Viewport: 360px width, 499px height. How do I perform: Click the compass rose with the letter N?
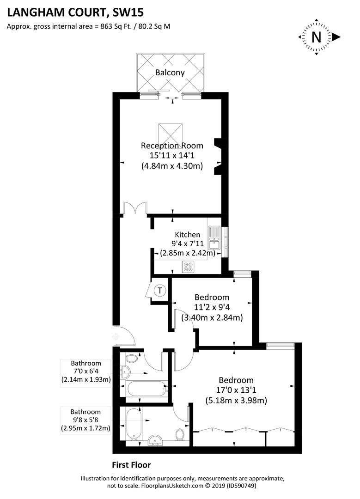point(317,37)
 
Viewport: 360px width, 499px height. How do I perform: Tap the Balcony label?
point(170,73)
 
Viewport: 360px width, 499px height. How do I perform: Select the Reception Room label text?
point(172,146)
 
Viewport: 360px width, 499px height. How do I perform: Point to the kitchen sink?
point(214,237)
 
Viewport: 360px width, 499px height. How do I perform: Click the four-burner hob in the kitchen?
point(189,266)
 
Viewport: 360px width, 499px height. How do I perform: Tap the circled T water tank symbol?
point(160,291)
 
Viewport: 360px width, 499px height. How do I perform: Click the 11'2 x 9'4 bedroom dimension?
point(212,307)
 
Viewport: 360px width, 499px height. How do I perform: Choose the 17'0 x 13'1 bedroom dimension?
point(236,390)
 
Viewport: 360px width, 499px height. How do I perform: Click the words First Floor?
point(131,465)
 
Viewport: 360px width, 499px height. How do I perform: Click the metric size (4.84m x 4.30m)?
point(172,166)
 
